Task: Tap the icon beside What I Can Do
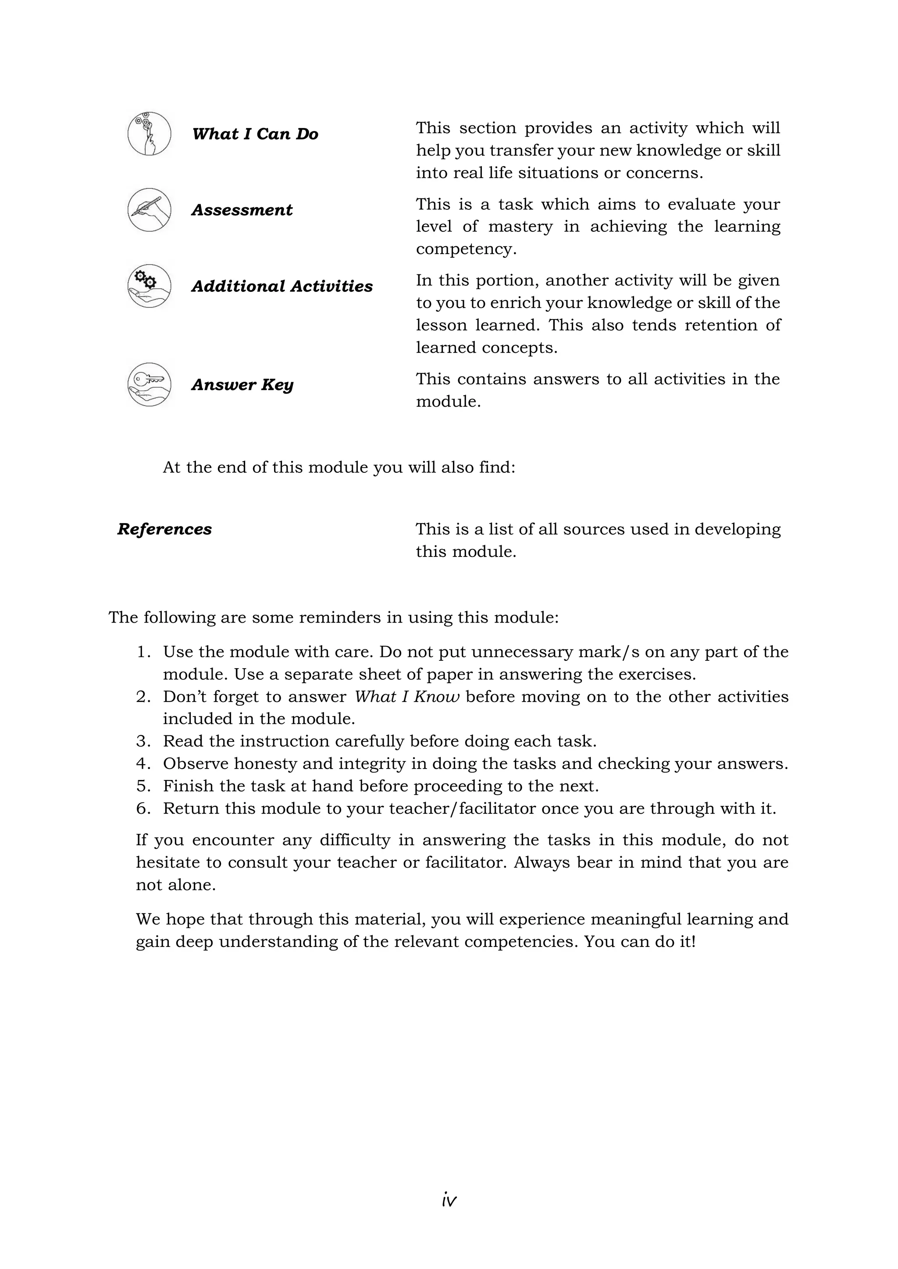(149, 134)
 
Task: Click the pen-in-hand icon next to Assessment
(149, 210)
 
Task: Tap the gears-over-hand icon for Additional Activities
(149, 286)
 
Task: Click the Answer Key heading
(242, 385)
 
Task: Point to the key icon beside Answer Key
(149, 384)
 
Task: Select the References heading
(164, 529)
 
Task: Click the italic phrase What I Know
(406, 697)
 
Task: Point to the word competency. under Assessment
(466, 249)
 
